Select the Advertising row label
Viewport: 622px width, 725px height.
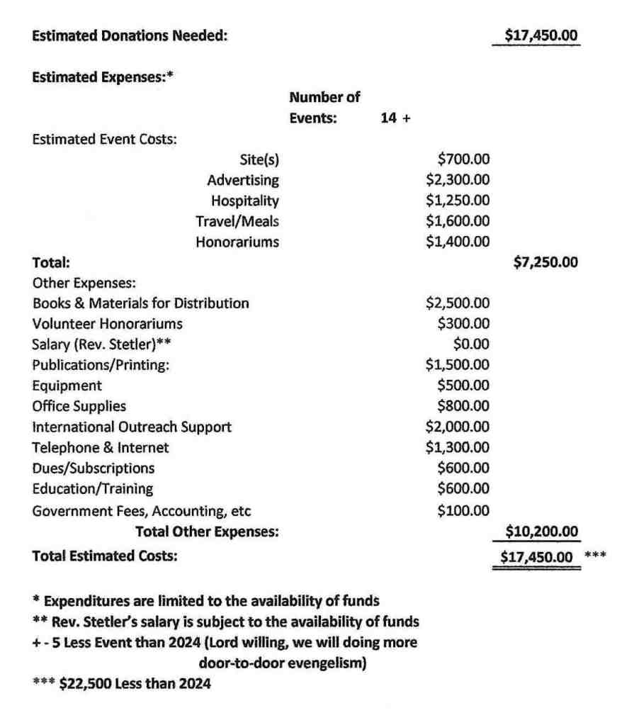pos(243,181)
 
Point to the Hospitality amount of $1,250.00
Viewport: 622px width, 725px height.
pos(458,201)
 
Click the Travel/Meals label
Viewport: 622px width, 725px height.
pos(237,222)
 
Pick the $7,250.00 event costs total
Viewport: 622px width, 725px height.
pos(545,263)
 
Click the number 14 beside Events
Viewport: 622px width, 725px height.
pos(388,119)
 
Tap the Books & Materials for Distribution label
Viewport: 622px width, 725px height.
pos(141,303)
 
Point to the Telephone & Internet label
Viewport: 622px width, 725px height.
pos(101,447)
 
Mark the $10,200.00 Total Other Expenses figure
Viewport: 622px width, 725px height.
pos(542,531)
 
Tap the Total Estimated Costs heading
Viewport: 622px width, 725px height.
pos(105,556)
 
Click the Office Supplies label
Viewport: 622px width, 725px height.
pos(79,406)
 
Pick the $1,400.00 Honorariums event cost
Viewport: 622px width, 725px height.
pos(458,242)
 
